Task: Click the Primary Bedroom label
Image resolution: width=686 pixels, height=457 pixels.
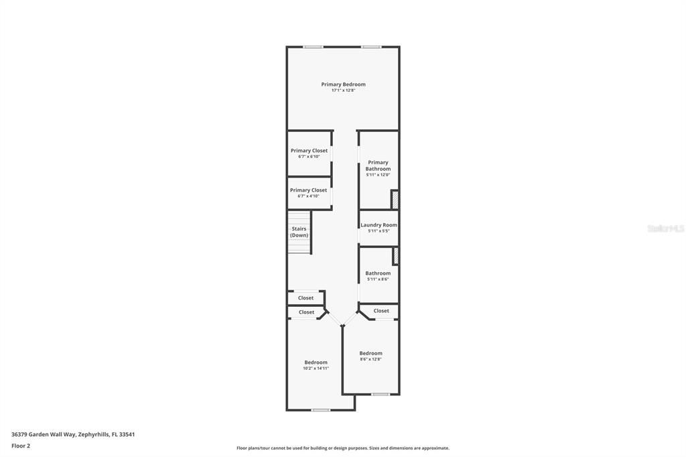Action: [343, 84]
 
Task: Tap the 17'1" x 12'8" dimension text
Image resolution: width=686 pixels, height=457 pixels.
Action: [343, 90]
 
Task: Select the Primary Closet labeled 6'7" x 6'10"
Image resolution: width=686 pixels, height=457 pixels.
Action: [309, 151]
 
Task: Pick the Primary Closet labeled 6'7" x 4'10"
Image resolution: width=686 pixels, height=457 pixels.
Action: [308, 190]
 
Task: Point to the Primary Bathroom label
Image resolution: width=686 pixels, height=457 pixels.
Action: [378, 166]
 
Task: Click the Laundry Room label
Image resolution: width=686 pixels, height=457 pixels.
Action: [379, 225]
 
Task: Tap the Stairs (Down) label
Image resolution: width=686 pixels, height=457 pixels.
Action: [299, 232]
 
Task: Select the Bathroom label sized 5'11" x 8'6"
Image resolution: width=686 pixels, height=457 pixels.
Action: [378, 273]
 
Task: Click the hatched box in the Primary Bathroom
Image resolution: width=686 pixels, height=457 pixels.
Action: [395, 200]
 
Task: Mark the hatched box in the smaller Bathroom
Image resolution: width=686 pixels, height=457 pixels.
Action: [395, 256]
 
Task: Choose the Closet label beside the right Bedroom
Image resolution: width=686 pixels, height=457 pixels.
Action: [381, 311]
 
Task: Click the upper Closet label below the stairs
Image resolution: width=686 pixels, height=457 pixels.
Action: [305, 298]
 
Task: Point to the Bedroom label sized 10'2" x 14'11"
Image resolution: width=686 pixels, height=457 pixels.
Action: [316, 363]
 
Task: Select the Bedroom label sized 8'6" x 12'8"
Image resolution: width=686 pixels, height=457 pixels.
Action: [370, 353]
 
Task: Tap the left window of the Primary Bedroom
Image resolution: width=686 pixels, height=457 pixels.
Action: [312, 47]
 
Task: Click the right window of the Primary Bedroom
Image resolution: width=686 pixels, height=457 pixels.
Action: [371, 47]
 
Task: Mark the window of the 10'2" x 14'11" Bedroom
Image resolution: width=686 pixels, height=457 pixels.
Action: [320, 409]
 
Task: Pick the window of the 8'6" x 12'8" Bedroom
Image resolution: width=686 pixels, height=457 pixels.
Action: [381, 394]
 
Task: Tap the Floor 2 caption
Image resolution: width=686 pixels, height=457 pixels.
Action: [21, 446]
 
